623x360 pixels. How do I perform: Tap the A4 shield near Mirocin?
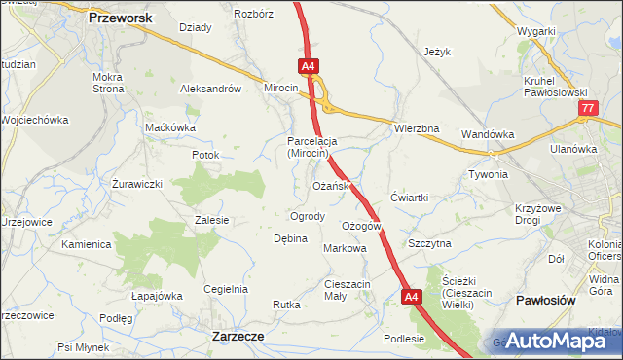[x=308, y=66]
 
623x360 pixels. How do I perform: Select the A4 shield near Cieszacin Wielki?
[x=412, y=297]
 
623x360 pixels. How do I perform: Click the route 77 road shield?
[x=586, y=110]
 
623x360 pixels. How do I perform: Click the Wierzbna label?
[x=418, y=128]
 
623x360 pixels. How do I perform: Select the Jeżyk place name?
[x=439, y=52]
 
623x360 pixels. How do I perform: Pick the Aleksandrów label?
[x=210, y=89]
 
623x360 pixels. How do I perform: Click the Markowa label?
[x=345, y=248]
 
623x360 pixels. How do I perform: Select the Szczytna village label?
[x=429, y=243]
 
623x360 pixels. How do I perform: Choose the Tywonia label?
[x=489, y=175]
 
